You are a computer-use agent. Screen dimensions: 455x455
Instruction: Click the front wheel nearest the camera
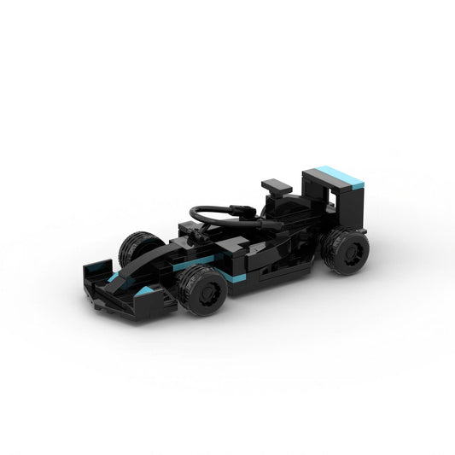pos(202,290)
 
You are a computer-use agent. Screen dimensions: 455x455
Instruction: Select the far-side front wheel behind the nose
pos(137,248)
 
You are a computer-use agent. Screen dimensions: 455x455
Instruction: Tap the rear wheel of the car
pos(346,251)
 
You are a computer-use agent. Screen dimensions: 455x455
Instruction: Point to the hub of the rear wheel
pos(351,253)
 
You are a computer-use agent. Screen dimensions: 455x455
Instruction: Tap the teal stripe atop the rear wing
pos(341,177)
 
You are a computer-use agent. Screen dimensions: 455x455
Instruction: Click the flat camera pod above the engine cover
pos(277,184)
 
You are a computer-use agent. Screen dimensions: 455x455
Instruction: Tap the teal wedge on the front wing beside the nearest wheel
pos(146,292)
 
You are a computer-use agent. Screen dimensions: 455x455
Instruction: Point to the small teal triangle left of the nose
pos(113,279)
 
